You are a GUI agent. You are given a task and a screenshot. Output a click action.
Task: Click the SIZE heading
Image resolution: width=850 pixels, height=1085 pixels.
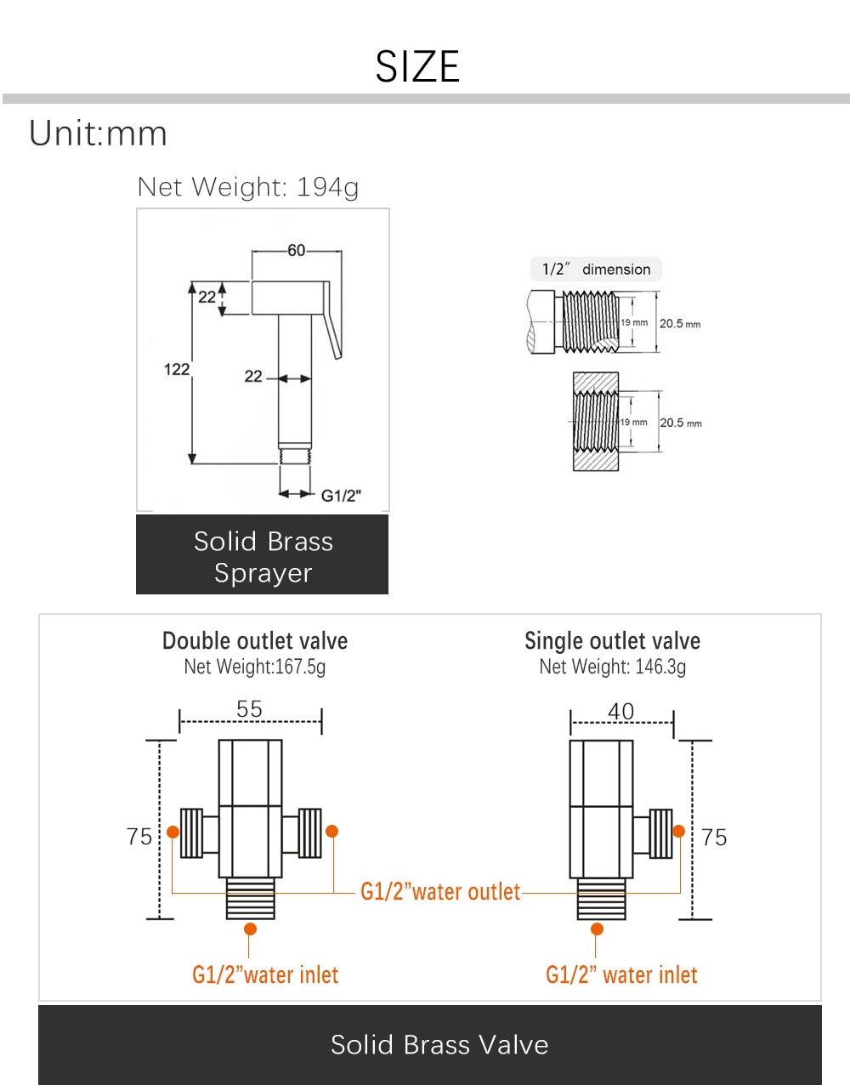coord(417,66)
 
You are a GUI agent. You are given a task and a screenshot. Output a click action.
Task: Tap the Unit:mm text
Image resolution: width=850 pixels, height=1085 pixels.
coord(98,133)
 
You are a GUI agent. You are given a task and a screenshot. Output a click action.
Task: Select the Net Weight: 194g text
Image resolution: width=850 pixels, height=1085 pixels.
coord(248,187)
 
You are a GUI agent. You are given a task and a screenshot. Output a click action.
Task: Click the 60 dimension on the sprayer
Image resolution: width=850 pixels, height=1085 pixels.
coord(297,250)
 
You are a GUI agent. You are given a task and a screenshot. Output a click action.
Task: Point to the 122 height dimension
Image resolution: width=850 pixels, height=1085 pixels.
coord(177,370)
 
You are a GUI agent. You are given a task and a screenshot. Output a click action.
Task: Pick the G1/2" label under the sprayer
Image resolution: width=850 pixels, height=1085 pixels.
coord(341,496)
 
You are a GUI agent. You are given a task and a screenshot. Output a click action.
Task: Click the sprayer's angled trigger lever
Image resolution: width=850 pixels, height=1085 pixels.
coord(333,320)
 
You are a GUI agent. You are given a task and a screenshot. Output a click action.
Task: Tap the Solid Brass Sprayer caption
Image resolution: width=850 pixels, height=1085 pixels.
coord(263,557)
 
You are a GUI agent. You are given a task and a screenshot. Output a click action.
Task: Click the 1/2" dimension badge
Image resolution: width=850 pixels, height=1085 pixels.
coord(596,270)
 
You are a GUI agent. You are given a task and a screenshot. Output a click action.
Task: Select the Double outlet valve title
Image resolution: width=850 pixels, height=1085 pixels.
coord(255,640)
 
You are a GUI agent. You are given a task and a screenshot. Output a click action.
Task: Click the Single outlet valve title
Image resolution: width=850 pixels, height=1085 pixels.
coord(612,640)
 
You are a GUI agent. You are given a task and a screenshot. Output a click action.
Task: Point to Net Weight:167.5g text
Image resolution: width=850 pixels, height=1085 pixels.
coord(254,667)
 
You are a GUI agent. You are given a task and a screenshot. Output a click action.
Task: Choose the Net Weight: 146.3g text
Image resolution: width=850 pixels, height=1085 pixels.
coord(612,667)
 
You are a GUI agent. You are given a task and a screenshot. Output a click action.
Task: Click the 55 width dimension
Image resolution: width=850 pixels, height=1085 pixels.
coord(249,709)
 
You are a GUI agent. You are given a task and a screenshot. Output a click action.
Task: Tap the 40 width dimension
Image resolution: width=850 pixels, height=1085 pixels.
coord(620,712)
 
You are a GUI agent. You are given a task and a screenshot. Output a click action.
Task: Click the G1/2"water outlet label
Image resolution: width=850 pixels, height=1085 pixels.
coord(440,892)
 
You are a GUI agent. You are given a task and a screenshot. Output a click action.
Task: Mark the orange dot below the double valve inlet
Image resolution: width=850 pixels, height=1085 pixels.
coord(250,929)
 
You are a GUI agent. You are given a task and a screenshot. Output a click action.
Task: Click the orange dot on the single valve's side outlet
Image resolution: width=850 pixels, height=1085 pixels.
coord(678,832)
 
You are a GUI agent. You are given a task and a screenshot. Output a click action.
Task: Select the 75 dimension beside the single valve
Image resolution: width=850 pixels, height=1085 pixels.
coord(714,838)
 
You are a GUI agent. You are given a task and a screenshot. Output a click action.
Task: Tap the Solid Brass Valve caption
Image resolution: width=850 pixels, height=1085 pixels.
coord(439,1045)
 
